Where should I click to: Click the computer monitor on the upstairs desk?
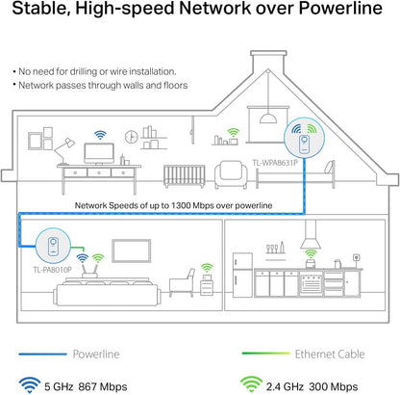pos(99,152)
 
